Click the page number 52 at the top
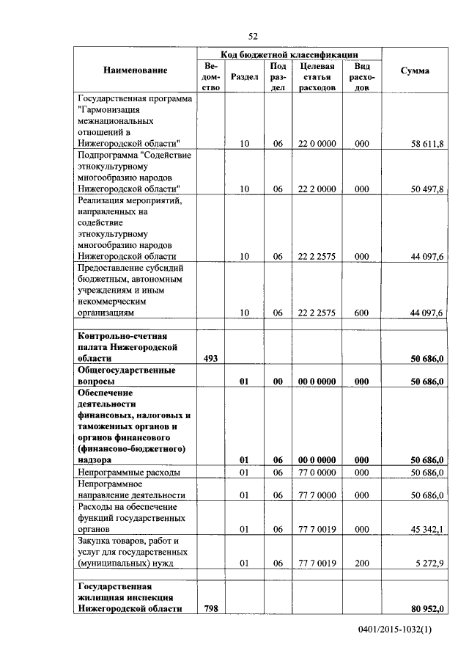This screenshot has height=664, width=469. [253, 35]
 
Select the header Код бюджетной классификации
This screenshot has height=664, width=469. [289, 54]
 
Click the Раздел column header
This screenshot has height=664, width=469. [244, 76]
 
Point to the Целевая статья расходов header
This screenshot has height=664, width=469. [317, 76]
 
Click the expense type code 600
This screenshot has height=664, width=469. [361, 313]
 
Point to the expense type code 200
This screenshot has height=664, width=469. [361, 563]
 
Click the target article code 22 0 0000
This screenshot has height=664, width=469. [317, 144]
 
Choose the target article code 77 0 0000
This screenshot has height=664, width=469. [317, 473]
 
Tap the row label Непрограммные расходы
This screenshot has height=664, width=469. [128, 473]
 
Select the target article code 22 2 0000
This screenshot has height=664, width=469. [317, 189]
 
